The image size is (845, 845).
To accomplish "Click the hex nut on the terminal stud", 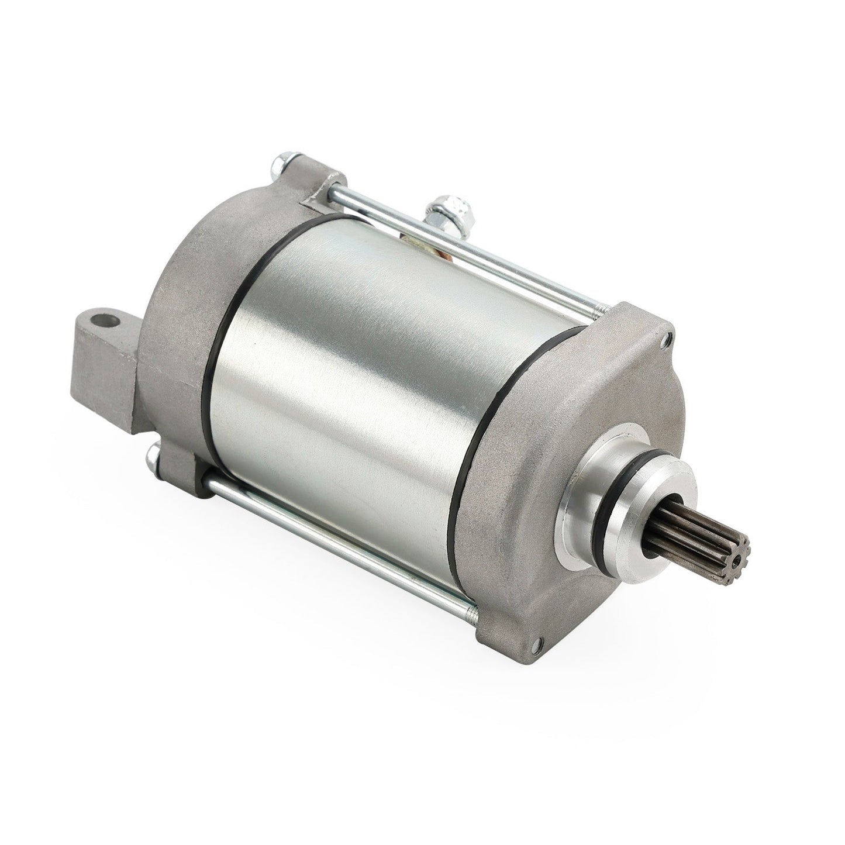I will point(439,208).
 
